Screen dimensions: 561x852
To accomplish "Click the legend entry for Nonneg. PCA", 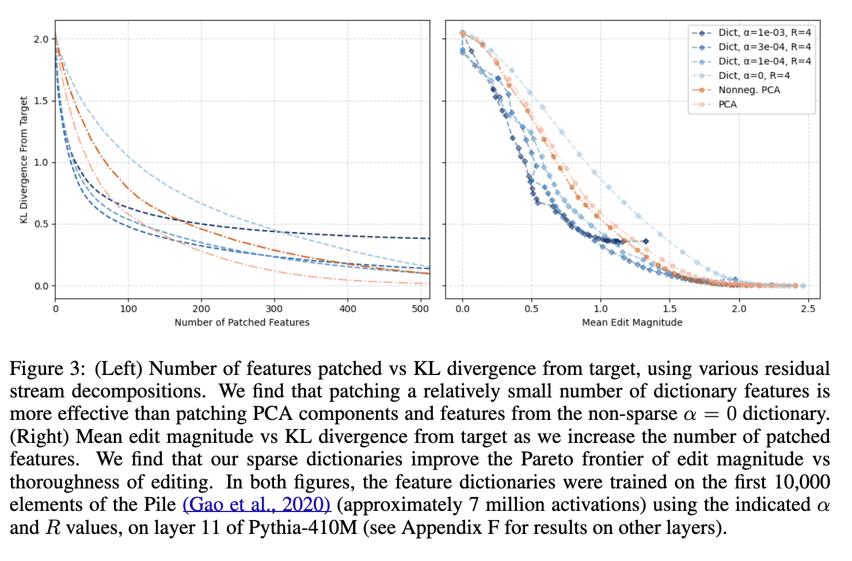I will [749, 90].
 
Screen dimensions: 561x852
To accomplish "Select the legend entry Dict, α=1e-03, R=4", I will [764, 33].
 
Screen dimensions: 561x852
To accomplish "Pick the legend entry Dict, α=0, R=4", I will [754, 75].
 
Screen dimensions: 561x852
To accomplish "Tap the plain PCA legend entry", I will [728, 104].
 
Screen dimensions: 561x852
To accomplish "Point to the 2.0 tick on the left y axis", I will [41, 39].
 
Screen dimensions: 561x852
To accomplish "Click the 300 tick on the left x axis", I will [275, 309].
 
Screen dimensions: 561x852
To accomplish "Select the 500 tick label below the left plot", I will [421, 309].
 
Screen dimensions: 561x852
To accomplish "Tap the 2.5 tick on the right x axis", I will [808, 309].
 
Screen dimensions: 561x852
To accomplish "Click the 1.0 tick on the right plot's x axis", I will [600, 309].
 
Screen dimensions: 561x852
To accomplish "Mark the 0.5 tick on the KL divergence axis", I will [41, 224].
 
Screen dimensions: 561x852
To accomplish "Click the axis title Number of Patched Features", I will [242, 323].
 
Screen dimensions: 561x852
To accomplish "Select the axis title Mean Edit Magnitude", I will [632, 323].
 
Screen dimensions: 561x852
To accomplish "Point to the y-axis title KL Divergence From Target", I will [24, 160].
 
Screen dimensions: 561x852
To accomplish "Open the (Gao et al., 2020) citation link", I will [257, 505].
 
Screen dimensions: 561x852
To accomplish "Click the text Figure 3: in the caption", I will [48, 369].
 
